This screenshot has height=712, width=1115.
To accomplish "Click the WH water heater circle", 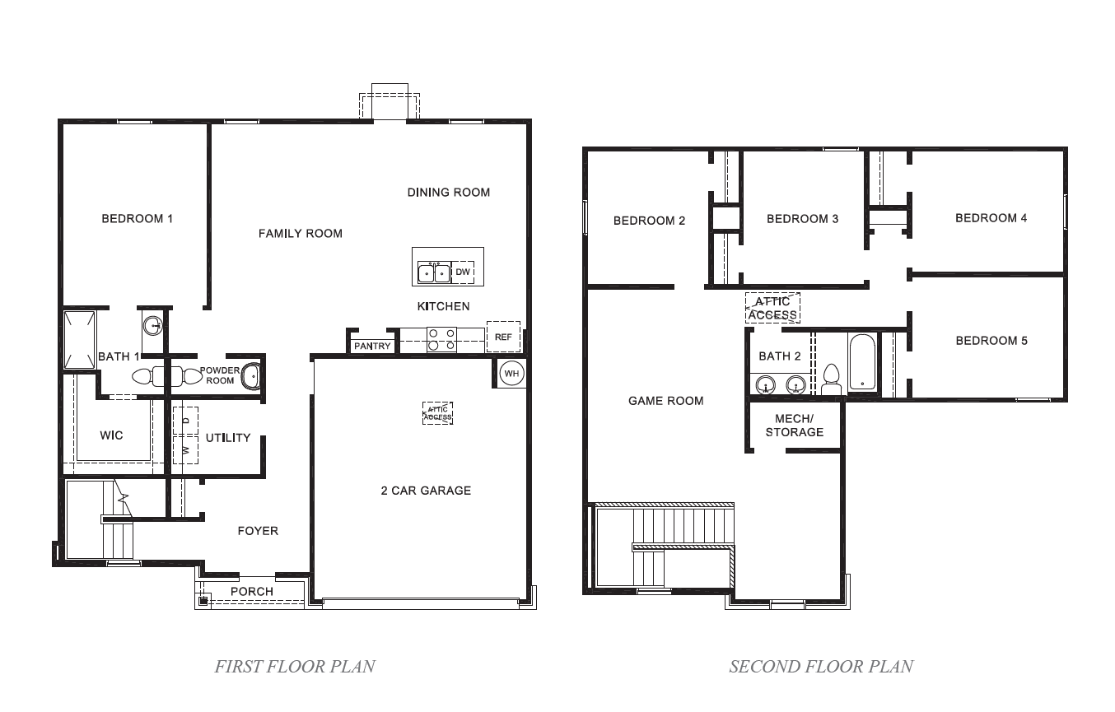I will (511, 373).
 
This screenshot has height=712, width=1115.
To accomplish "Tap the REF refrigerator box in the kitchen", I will (502, 337).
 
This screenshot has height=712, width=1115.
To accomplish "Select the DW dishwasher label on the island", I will (463, 272).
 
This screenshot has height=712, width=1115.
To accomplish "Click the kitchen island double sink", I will (434, 272).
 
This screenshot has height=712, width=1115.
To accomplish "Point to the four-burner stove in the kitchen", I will (441, 340).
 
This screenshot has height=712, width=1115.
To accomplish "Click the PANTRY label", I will (372, 346).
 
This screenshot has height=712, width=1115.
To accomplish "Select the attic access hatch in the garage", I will (437, 413).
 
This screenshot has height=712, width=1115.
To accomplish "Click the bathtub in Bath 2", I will (862, 362).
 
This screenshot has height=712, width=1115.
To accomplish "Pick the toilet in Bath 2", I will (831, 379).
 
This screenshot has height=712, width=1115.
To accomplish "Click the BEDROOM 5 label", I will (991, 341).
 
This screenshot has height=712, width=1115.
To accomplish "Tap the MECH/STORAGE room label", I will (794, 426).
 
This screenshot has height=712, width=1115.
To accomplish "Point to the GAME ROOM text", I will (665, 401).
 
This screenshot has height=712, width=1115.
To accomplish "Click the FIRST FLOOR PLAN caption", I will (295, 666).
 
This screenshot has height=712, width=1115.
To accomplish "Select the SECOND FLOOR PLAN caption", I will (820, 666).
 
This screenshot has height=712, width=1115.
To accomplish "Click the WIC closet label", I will (111, 435).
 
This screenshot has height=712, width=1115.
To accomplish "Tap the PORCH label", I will (251, 591).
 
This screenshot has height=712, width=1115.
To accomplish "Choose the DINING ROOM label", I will (448, 193).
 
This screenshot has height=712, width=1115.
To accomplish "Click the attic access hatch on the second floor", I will (772, 308).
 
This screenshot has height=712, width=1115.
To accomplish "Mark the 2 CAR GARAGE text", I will (426, 491).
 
